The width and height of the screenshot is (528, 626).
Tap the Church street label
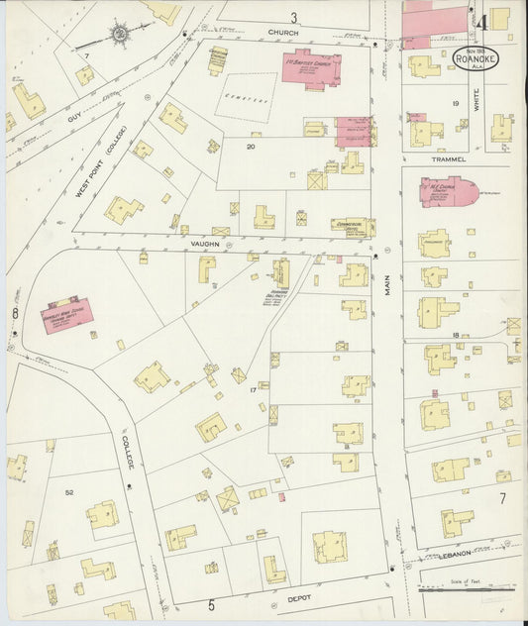[x=282, y=33]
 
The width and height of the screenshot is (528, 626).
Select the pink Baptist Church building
[x=312, y=70]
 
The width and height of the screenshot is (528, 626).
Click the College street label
[x=130, y=451]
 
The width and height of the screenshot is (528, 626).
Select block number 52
[x=69, y=492]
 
